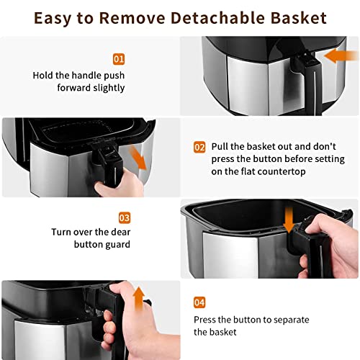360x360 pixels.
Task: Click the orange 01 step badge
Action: pyautogui.click(x=118, y=59)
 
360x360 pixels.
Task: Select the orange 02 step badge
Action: pyautogui.click(x=199, y=147)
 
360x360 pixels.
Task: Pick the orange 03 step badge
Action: pyautogui.click(x=124, y=216)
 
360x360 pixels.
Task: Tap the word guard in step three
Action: pyautogui.click(x=117, y=245)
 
